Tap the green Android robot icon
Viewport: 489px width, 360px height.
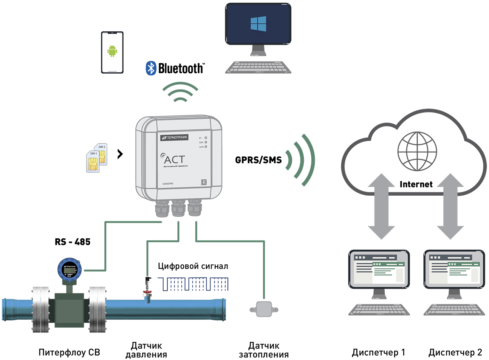pyautogui.click(x=111, y=51)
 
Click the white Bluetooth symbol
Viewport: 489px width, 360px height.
pyautogui.click(x=151, y=68)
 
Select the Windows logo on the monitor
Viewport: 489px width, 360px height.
pyautogui.click(x=258, y=23)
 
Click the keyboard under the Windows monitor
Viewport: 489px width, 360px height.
pyautogui.click(x=257, y=67)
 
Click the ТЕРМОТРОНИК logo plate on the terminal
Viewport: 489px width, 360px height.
pyautogui.click(x=174, y=138)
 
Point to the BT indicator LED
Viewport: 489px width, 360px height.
pyautogui.click(x=206, y=138)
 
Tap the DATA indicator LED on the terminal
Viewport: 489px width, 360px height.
pyautogui.click(x=206, y=147)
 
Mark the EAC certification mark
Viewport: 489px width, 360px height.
pyautogui.click(x=204, y=182)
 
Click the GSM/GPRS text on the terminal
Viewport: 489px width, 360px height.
pyautogui.click(x=168, y=184)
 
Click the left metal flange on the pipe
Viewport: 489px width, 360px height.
pyautogui.click(x=41, y=309)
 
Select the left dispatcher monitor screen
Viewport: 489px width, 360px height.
pyautogui.click(x=379, y=269)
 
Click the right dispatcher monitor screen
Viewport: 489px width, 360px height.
pyautogui.click(x=454, y=269)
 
